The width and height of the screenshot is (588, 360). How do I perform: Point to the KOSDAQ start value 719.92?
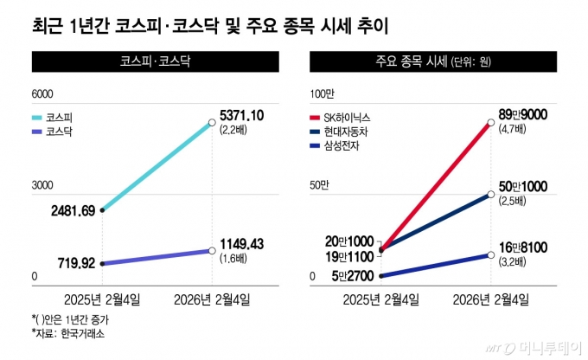pyautogui.click(x=69, y=263)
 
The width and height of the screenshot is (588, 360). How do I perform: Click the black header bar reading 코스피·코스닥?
pyautogui.click(x=156, y=62)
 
